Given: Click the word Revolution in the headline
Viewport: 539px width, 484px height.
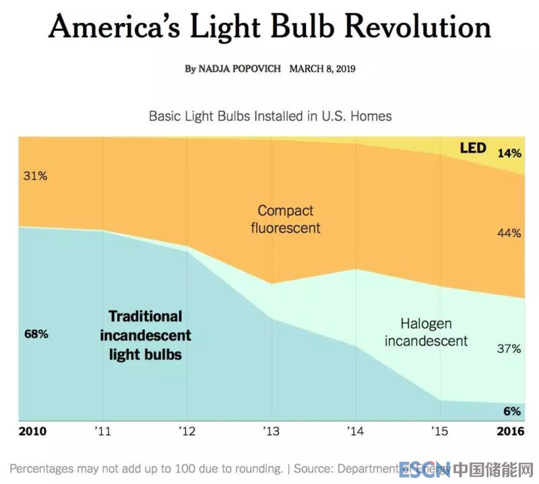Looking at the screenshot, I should (x=418, y=28).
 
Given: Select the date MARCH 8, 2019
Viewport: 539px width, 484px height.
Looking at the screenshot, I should (x=322, y=69).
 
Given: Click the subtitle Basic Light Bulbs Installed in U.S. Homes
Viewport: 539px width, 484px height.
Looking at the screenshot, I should (x=269, y=116).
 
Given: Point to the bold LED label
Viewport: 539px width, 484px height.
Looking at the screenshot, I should (x=472, y=147).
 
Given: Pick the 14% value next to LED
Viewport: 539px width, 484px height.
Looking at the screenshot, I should (x=509, y=153).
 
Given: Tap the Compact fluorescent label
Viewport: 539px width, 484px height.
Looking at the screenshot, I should (x=286, y=219).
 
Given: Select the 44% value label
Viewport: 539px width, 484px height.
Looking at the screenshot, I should (x=509, y=233).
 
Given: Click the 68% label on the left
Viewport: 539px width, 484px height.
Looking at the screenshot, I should (x=35, y=334).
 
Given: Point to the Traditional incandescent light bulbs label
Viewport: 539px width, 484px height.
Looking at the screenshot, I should (x=146, y=335).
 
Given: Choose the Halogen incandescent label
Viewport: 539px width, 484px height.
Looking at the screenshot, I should (x=426, y=332).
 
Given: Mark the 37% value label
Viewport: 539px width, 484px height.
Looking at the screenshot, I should (x=509, y=349).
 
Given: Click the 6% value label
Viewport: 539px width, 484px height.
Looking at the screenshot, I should (x=512, y=411).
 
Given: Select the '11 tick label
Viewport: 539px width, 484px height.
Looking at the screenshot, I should (x=102, y=431).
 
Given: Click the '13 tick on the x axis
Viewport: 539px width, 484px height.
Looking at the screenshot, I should (x=271, y=431).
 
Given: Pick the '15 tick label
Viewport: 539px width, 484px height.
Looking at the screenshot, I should (x=439, y=431).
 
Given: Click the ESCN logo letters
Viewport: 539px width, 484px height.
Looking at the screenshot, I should (x=424, y=469).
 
